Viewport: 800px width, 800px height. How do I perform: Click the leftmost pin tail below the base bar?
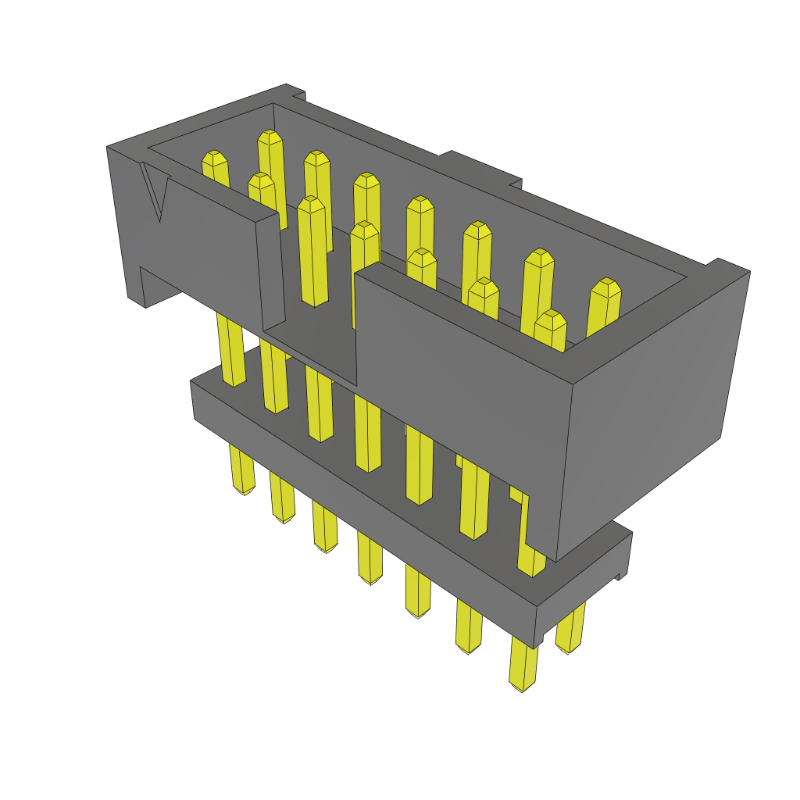coord(242,469)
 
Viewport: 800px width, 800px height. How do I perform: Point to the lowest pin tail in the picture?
coord(523,664)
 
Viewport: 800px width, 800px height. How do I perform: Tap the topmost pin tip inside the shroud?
coord(270,139)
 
